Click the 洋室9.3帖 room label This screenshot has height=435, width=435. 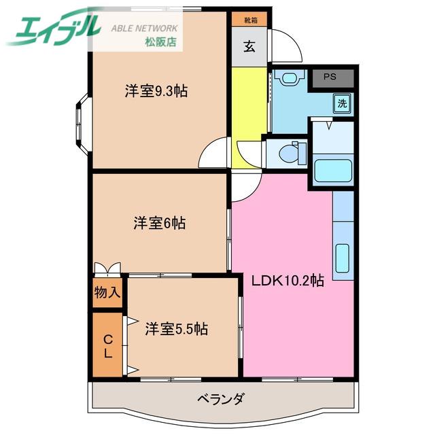coord(156,90)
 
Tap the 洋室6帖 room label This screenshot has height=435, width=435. coord(160,223)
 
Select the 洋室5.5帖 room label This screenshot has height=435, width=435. coord(177,329)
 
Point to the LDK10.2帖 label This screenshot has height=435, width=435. coord(288,281)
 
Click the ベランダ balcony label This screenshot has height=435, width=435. coord(221,399)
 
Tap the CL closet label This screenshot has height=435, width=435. coord(108,346)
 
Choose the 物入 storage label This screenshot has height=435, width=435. coord(107,292)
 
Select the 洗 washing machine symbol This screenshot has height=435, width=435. coord(343,103)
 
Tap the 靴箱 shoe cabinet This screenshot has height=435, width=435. coord(249,20)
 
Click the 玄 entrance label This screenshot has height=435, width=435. coord(249,46)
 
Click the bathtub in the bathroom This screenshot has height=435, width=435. coord(333,171)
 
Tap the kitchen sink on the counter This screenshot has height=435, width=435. coord(342,258)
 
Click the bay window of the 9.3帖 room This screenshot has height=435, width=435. coord(82,124)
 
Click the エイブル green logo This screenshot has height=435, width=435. coord(53,28)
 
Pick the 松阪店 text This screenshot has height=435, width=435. coord(160,42)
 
